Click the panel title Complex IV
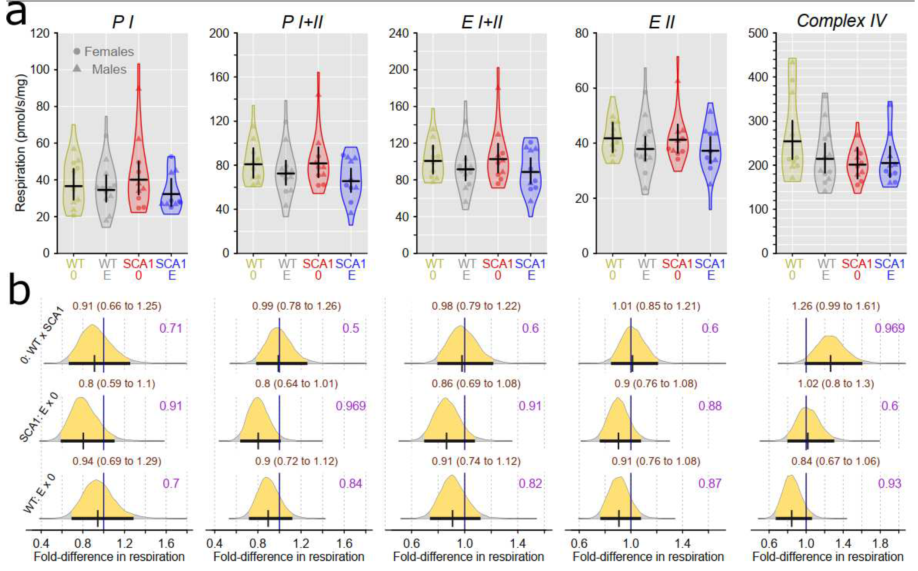(841, 21)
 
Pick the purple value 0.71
(171, 328)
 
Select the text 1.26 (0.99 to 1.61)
(836, 306)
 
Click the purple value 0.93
(890, 484)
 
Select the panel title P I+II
(302, 22)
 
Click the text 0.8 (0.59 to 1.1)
(117, 384)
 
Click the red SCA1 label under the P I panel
(138, 264)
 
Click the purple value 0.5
(351, 328)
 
